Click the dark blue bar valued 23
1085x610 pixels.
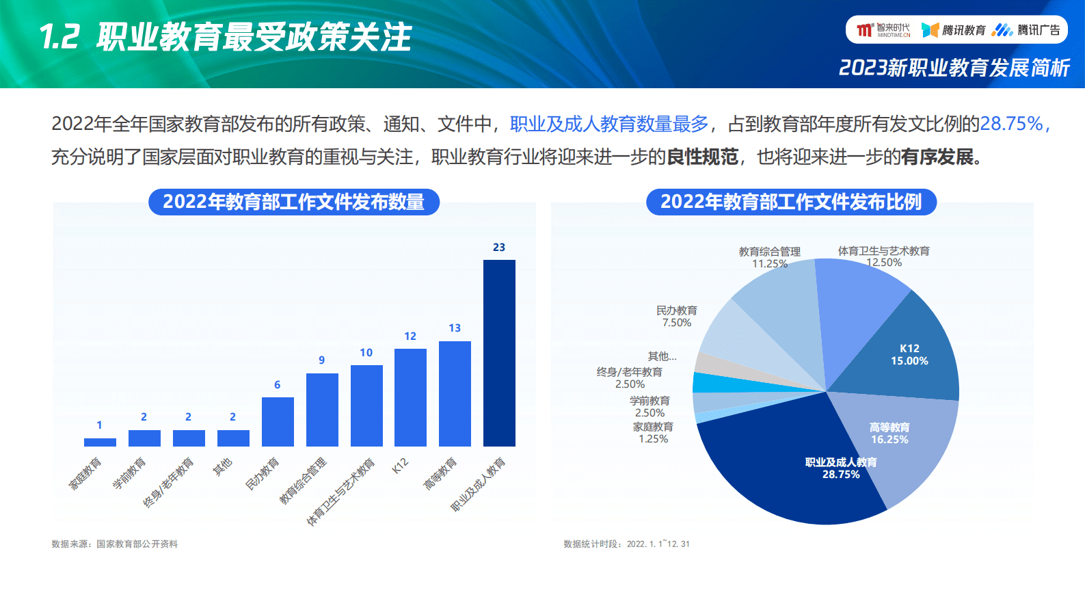(x=499, y=353)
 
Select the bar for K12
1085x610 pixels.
(x=410, y=397)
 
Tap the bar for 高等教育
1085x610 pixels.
(x=455, y=393)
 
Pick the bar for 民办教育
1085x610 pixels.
(x=278, y=421)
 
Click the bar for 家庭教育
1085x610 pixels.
(x=100, y=442)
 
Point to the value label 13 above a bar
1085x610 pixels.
(x=455, y=328)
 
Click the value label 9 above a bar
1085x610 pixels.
(x=322, y=360)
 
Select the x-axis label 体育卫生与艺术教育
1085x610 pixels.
(x=341, y=492)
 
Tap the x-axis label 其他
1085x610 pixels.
(x=223, y=468)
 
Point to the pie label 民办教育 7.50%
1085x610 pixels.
(x=677, y=317)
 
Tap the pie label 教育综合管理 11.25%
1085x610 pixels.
(x=770, y=258)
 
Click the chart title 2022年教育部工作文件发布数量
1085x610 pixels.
(x=294, y=202)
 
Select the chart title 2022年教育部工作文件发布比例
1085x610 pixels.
(x=791, y=202)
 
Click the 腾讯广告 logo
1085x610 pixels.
(x=1027, y=30)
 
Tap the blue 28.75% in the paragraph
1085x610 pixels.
(x=1012, y=124)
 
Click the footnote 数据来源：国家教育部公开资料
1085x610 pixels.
(x=115, y=544)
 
